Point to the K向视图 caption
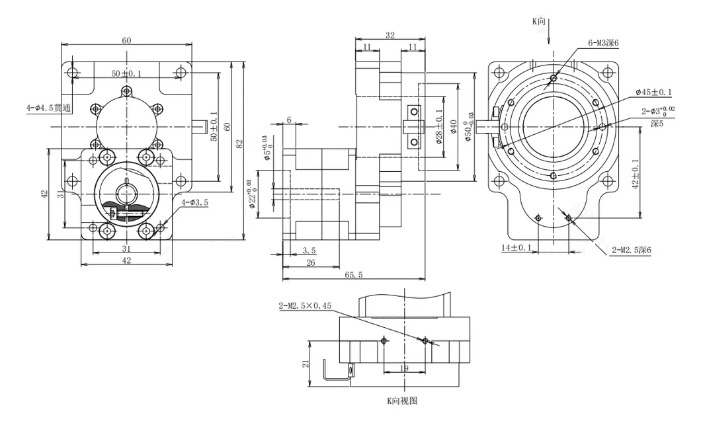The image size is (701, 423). pos(402,401)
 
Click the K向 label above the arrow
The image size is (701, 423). pos(540,21)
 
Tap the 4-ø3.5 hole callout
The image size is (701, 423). pos(195,203)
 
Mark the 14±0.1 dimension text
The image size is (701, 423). pos(516,248)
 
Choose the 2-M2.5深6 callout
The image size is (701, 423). pos(632,250)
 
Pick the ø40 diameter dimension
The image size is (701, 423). pos(453,126)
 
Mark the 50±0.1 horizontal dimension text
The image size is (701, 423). pos(126,74)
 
